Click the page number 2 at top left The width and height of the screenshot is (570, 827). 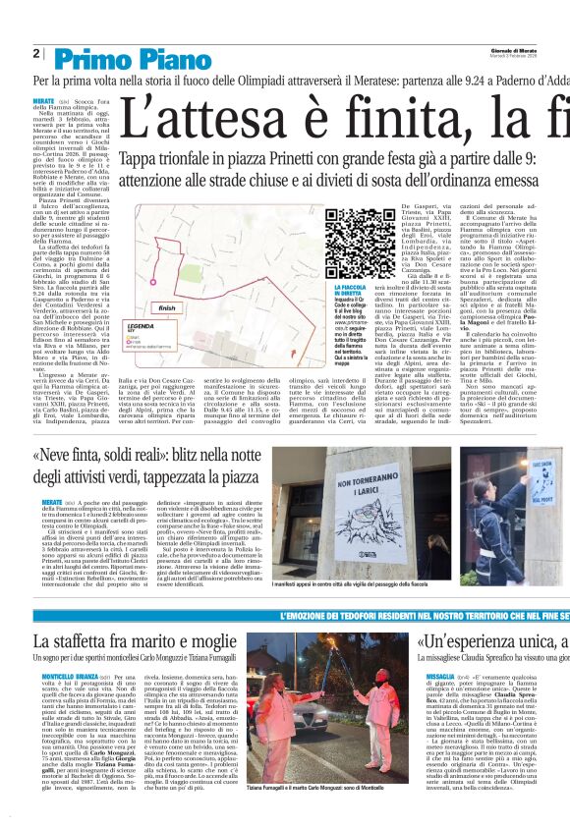[36, 53]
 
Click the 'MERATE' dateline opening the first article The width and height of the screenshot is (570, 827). [43, 101]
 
